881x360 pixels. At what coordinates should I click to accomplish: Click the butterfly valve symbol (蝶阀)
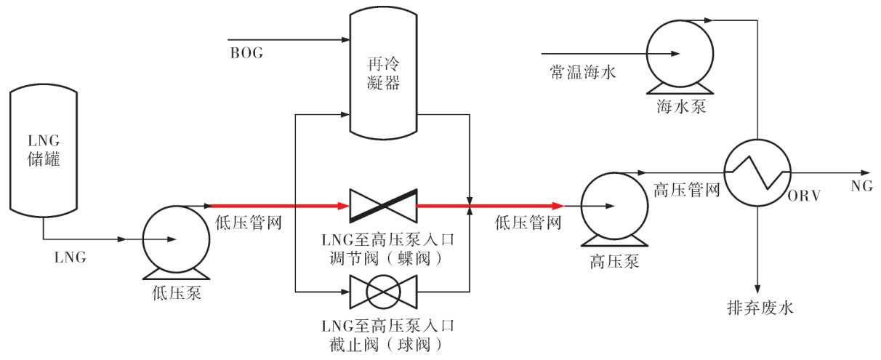382,206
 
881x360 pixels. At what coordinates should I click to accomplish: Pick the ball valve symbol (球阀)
382,292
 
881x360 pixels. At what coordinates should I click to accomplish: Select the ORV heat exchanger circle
758,173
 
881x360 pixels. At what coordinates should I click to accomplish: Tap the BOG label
246,54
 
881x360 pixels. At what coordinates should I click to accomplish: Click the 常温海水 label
582,72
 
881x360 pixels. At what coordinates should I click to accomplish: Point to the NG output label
861,186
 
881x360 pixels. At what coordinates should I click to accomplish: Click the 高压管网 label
687,191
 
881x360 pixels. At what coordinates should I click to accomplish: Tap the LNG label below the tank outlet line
71,256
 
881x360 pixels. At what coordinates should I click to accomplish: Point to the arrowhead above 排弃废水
758,287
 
